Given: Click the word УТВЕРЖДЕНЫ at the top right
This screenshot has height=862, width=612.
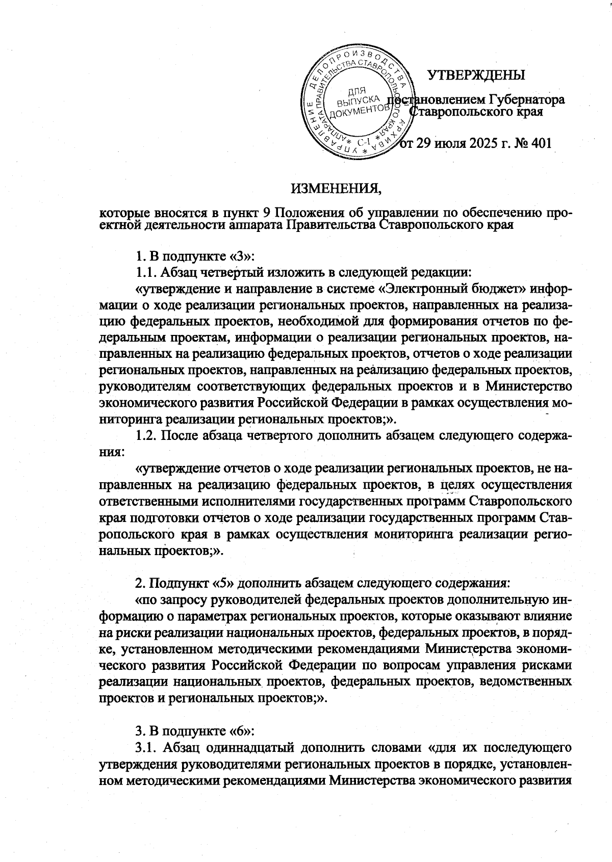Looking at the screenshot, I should click(475, 75).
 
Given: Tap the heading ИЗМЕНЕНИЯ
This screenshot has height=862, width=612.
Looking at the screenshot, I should click(336, 189).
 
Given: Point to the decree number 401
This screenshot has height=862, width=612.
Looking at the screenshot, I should click(541, 143).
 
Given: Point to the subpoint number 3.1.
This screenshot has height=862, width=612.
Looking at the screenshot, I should click(147, 748).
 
